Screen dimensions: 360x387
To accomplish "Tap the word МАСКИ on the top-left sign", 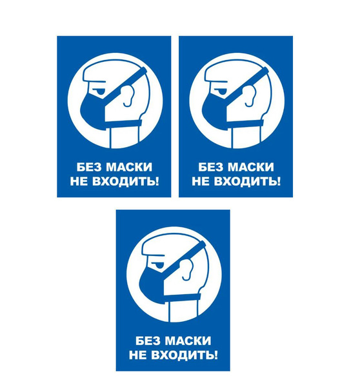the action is [x=129, y=167].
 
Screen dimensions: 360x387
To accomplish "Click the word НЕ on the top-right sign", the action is [x=201, y=181].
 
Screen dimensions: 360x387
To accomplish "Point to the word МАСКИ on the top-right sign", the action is [x=250, y=167].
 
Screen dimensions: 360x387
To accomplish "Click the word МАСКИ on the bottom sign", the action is [x=188, y=341].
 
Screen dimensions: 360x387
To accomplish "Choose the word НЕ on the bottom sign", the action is [x=138, y=355].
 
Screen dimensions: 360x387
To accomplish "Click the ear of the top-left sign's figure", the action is [x=128, y=95].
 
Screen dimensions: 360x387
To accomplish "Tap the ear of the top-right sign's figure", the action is [x=250, y=95].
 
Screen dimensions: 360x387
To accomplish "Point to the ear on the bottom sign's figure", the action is [x=187, y=269].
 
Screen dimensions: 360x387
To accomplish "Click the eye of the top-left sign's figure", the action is [x=101, y=92].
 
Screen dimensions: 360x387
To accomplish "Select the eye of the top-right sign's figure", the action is [x=222, y=92].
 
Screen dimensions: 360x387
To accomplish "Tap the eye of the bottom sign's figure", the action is [x=159, y=265].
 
